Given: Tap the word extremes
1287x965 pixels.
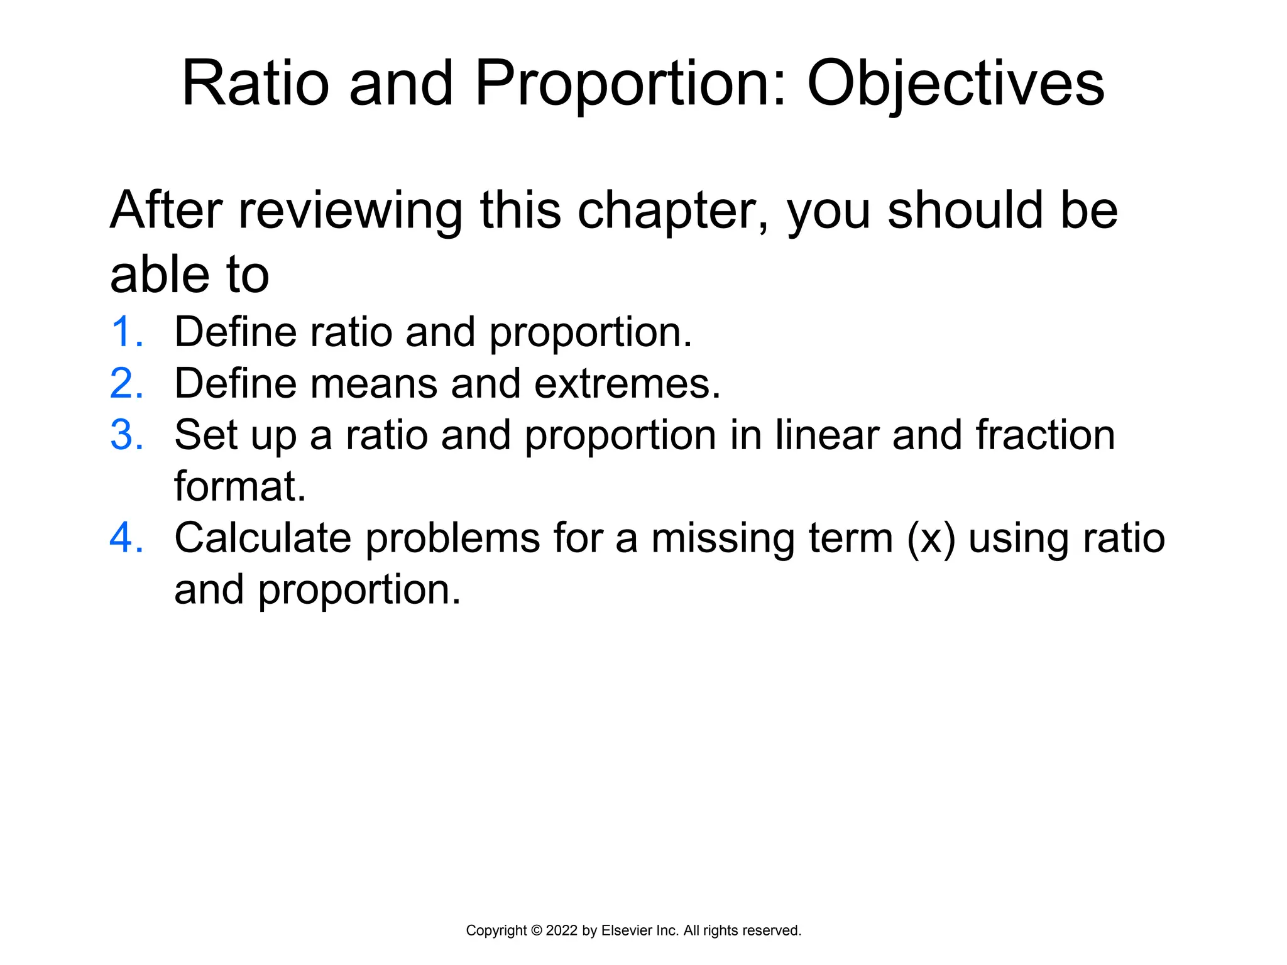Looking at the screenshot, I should click(627, 384).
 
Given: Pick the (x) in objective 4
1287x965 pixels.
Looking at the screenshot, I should click(931, 539).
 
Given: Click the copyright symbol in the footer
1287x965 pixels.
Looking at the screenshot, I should click(536, 930).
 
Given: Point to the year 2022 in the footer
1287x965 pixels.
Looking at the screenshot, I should click(562, 930).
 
